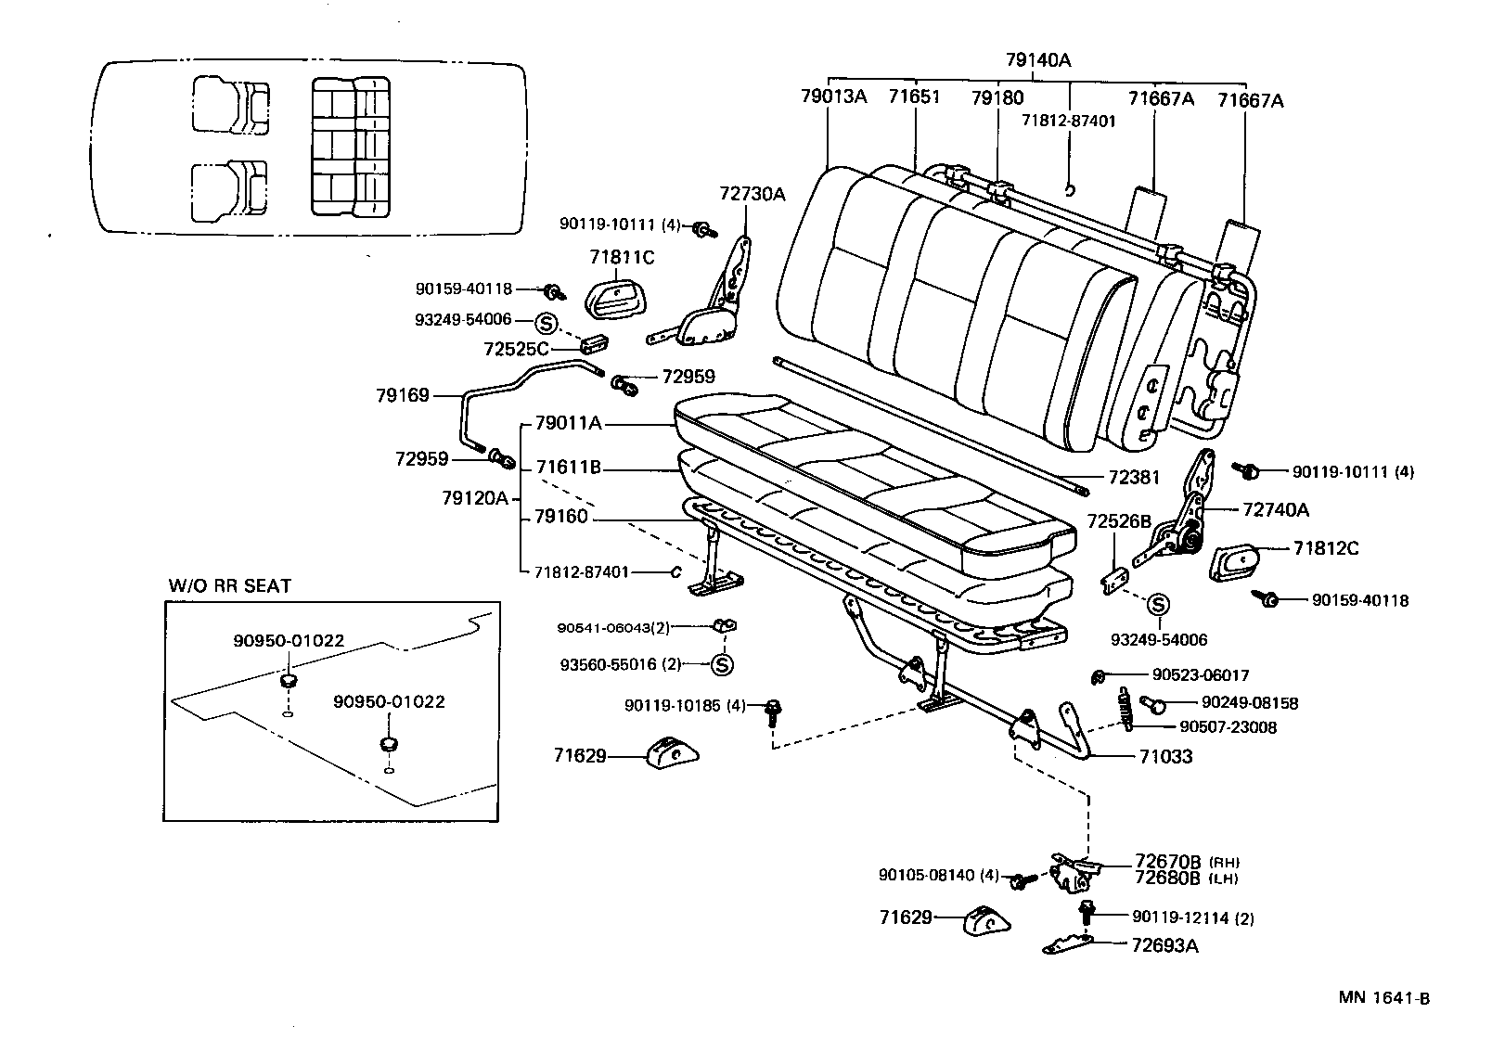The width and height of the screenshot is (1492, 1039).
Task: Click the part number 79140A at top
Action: point(1037,60)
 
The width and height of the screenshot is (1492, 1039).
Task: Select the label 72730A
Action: point(752,194)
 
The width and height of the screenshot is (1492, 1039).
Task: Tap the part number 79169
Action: point(402,396)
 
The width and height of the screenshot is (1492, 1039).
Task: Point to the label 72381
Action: point(1134,478)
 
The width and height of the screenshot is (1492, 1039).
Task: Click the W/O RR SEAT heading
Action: point(229,586)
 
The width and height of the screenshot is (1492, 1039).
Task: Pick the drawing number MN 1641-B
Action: point(1383,998)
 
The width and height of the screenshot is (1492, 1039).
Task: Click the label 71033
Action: point(1165,756)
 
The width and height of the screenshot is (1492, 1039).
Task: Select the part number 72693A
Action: point(1164,945)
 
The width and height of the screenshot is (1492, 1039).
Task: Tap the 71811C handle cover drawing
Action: point(615,296)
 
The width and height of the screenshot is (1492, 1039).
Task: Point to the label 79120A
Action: point(476,498)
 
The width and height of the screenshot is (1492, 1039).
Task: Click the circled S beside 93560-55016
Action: point(723,664)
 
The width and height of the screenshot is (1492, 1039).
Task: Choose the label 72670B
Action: point(1167,862)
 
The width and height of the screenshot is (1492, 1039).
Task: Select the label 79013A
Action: point(832,96)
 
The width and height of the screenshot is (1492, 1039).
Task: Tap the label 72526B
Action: point(1118,521)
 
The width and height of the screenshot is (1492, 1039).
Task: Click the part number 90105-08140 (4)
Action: point(939,875)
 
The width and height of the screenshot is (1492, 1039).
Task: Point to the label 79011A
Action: point(568,424)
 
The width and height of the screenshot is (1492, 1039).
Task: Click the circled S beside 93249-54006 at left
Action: point(547,324)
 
